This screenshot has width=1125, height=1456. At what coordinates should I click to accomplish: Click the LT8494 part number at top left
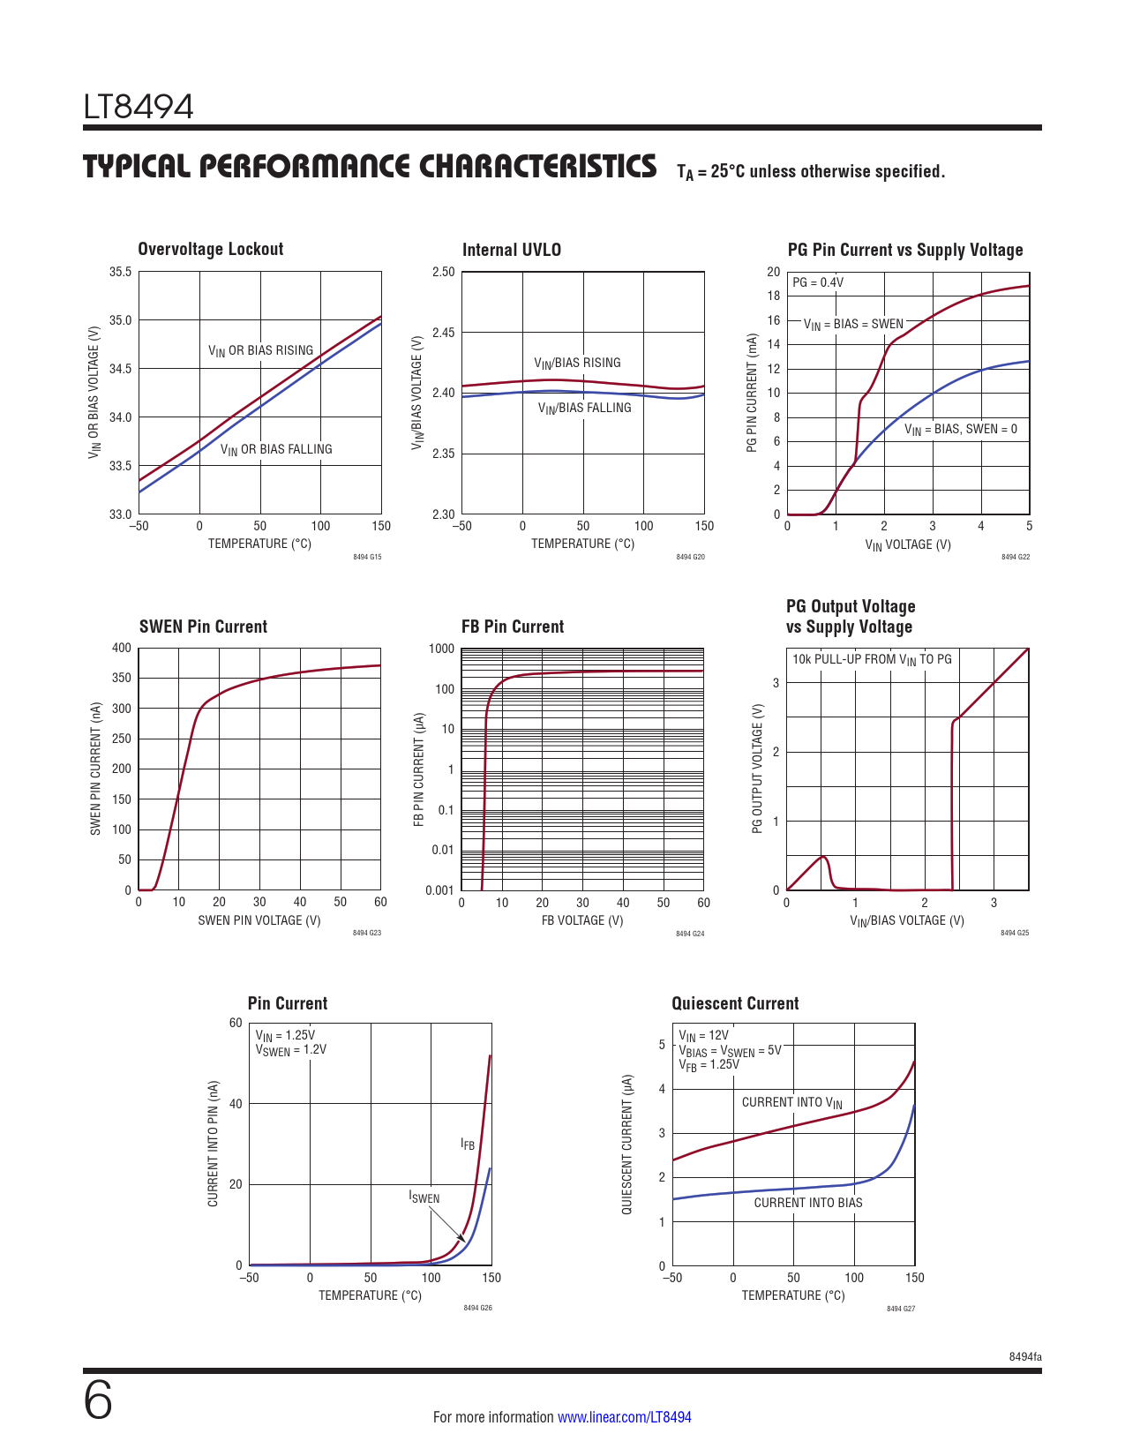(x=139, y=107)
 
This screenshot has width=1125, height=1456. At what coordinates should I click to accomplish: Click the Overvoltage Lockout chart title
(x=210, y=249)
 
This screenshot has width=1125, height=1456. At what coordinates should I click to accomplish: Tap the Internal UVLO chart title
(x=511, y=250)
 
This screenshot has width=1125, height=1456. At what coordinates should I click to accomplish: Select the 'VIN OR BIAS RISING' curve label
(x=260, y=350)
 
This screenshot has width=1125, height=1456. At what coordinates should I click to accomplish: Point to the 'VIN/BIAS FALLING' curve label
(x=584, y=408)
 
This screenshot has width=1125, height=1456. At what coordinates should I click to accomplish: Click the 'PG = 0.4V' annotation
(x=817, y=282)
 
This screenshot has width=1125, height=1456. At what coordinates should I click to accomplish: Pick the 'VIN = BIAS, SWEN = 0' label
(x=960, y=430)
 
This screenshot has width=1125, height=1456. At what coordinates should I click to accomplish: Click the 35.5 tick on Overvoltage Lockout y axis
(x=120, y=272)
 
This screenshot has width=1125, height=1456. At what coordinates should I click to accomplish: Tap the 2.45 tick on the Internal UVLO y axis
(x=443, y=333)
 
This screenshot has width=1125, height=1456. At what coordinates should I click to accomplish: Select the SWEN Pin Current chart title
(x=203, y=627)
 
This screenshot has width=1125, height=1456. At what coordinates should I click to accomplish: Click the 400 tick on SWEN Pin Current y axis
(x=121, y=648)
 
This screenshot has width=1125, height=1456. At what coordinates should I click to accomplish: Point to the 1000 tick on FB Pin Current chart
(x=441, y=649)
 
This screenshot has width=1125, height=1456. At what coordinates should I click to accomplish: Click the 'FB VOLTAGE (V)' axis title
(x=582, y=920)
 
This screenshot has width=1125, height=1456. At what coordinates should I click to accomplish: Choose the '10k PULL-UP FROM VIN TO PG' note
(x=872, y=659)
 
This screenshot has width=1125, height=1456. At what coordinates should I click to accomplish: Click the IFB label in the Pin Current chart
(x=468, y=1145)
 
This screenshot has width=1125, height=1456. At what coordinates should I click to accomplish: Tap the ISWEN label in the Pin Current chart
(x=424, y=1197)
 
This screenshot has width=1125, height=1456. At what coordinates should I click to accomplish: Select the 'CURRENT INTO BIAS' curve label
(x=807, y=1203)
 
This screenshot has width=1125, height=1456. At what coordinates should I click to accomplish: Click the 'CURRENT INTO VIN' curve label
(x=791, y=1102)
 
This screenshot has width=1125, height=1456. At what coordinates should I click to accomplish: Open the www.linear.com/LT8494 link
(x=625, y=1417)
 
